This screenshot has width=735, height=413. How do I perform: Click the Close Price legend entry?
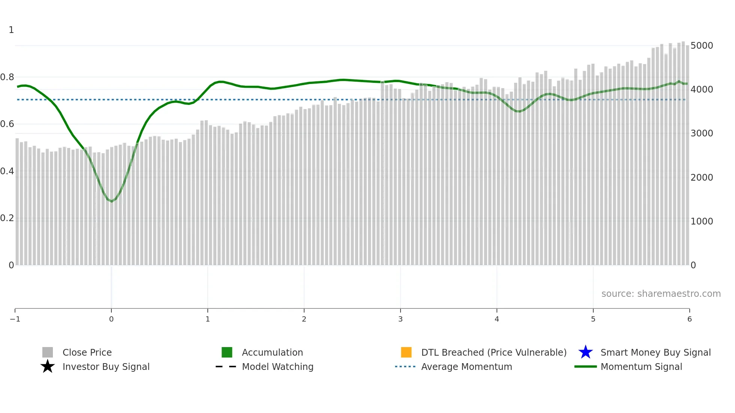87,352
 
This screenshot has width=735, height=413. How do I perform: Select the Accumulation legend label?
272,352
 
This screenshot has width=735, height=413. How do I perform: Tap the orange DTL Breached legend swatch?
406,352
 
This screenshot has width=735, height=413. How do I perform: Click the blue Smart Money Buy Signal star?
585,352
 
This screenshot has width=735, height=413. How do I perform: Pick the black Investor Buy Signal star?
48,367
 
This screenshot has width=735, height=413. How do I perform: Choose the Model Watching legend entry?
277,367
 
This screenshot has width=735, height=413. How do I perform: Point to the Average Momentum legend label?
466,367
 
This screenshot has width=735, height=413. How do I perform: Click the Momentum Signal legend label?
641,367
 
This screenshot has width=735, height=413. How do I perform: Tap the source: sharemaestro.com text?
661,293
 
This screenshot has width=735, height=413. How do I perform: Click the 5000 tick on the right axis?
702,46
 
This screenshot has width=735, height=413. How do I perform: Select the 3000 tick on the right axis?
702,133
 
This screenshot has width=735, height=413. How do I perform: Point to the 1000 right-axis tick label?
702,221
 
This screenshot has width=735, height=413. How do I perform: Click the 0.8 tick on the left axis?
7,77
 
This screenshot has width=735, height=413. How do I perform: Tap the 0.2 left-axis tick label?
7,218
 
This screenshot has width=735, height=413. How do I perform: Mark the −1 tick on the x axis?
15,319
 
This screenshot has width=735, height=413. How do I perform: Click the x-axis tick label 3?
400,319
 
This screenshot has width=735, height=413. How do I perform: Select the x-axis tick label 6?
689,319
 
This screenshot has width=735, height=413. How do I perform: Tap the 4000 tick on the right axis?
702,90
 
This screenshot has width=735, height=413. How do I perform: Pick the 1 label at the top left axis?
11,30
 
